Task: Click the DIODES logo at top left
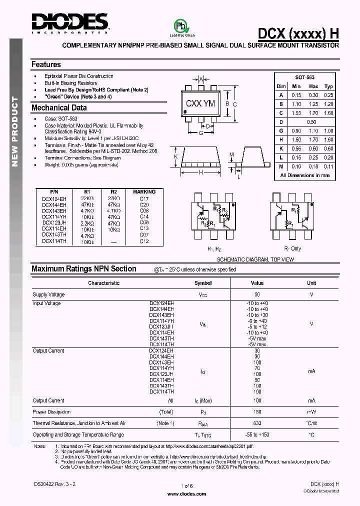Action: (x=70, y=22)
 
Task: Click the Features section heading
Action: (x=46, y=64)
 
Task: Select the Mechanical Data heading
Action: (x=59, y=107)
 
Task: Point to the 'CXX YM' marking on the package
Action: (x=200, y=103)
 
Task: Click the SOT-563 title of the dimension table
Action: (x=305, y=77)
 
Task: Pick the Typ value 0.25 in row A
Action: (x=328, y=95)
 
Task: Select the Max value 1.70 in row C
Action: (x=313, y=113)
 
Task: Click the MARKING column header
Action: (x=144, y=191)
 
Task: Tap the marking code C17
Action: (x=144, y=198)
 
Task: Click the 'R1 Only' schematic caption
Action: (x=292, y=248)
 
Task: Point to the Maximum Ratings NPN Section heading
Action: (x=84, y=269)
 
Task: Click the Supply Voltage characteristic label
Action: (x=48, y=295)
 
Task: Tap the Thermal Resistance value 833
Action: (x=257, y=423)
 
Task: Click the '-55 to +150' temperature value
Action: (x=257, y=435)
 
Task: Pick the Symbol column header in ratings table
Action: (x=203, y=283)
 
